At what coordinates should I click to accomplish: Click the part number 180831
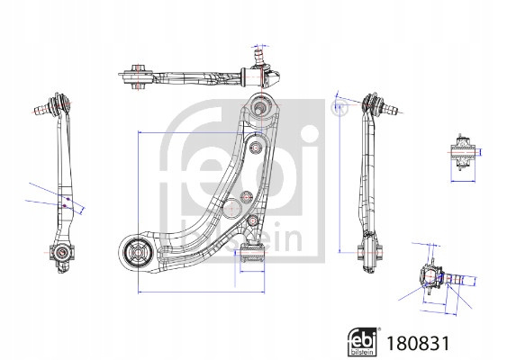pos(418,343)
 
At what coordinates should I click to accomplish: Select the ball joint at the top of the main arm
pos(259,105)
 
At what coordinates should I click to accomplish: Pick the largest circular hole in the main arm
pos(231,209)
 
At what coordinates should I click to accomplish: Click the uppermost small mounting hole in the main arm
pos(255,148)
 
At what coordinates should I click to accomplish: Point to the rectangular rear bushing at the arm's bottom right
pos(254,253)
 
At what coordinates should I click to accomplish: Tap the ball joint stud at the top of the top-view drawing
pos(259,58)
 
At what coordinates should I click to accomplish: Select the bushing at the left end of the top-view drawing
pos(138,76)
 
